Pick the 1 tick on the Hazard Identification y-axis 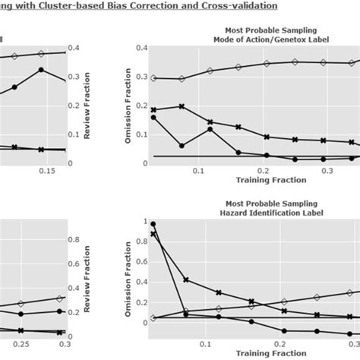point(136,221)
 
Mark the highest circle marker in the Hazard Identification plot point(153,225)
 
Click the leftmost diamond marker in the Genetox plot point(154,77)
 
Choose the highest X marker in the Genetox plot point(181,106)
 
